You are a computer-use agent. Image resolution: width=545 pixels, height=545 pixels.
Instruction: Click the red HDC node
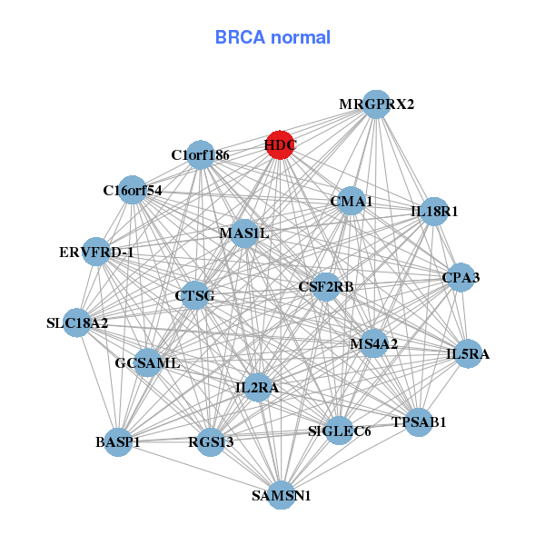coord(280,144)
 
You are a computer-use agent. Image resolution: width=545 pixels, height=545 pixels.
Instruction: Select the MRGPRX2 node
coord(376,104)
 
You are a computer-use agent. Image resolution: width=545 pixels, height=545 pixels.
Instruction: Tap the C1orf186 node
coord(201,154)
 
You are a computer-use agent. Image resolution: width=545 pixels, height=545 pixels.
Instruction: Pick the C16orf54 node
coord(133,191)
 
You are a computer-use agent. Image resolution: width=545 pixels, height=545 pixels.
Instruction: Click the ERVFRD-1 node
coord(96,252)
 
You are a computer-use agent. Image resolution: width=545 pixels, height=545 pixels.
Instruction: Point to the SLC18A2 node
coord(77,322)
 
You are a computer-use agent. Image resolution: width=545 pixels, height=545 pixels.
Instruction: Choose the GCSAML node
coord(147,363)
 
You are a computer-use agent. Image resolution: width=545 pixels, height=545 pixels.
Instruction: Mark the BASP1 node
coord(118,442)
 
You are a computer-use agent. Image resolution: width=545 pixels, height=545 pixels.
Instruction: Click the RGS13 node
coord(211,442)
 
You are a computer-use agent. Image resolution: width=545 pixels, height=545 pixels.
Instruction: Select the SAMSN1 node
coord(282,495)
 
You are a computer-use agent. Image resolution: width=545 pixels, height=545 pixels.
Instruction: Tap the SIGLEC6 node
coord(339,431)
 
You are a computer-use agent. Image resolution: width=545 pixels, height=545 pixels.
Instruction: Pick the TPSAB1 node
coord(419,422)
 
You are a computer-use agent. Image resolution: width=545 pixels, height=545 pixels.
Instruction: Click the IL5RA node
coord(467,354)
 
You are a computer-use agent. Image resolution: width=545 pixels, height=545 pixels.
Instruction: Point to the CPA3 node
coord(461,277)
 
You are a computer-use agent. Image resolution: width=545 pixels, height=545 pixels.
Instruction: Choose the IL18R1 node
coord(434,212)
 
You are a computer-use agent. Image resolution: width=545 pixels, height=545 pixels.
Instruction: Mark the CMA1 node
coord(351,201)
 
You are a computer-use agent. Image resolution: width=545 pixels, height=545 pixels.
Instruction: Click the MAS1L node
coord(244,233)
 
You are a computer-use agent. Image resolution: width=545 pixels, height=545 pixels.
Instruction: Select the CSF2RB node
coord(326,287)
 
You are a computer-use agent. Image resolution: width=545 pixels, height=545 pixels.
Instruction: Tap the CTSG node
coord(194,295)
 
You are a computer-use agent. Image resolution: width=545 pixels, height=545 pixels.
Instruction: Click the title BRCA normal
coord(272,38)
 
